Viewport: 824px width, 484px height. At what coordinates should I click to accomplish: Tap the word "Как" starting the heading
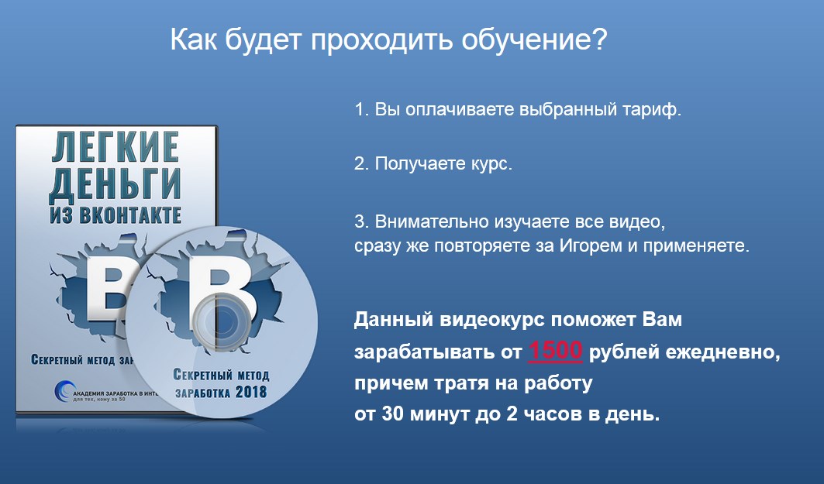click(x=192, y=39)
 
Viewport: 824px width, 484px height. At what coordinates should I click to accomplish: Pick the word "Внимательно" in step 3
click(x=422, y=221)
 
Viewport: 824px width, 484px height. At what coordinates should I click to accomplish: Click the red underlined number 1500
click(x=555, y=352)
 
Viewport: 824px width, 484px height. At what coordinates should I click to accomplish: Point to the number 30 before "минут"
click(x=390, y=414)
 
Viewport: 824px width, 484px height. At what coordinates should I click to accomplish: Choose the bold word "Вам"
click(x=663, y=320)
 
